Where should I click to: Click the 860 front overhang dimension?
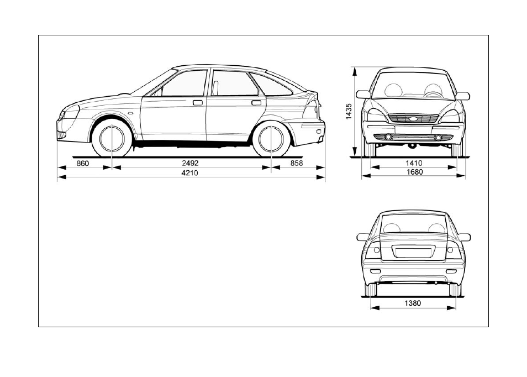click(83, 164)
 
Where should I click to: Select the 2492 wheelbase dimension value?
click(190, 163)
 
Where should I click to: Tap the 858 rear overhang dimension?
click(297, 163)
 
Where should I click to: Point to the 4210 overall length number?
click(190, 173)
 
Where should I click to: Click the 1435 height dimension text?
click(349, 111)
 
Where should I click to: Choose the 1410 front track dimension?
click(414, 163)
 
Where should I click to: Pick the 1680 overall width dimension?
click(414, 172)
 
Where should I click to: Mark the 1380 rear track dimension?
click(413, 303)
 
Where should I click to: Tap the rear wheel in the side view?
click(271, 138)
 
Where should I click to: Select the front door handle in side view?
click(198, 102)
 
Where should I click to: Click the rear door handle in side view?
click(256, 102)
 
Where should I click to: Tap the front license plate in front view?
click(413, 129)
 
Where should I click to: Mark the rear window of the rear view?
click(413, 224)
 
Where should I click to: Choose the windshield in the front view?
click(413, 85)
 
